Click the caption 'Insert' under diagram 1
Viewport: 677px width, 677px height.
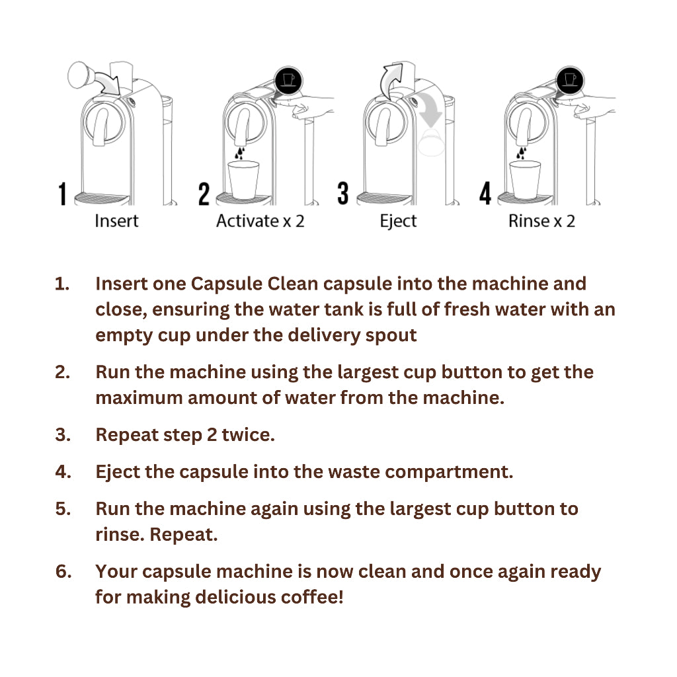point(116,221)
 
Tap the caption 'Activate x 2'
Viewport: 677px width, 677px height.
point(260,221)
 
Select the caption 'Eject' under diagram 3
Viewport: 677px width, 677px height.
point(398,221)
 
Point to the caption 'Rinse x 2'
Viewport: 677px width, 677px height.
point(542,221)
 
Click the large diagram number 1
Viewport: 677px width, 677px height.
point(63,194)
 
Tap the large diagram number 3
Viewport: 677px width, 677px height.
point(343,193)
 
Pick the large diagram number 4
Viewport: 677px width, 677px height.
point(485,193)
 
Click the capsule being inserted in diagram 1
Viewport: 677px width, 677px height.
point(79,75)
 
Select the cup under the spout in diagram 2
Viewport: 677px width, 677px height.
point(243,180)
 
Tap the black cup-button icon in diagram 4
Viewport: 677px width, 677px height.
point(570,80)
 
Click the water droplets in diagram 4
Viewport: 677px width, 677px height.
point(522,153)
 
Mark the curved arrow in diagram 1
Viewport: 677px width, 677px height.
point(106,81)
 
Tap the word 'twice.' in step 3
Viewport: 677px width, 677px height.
point(249,435)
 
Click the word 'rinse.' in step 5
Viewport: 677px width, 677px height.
point(120,534)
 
